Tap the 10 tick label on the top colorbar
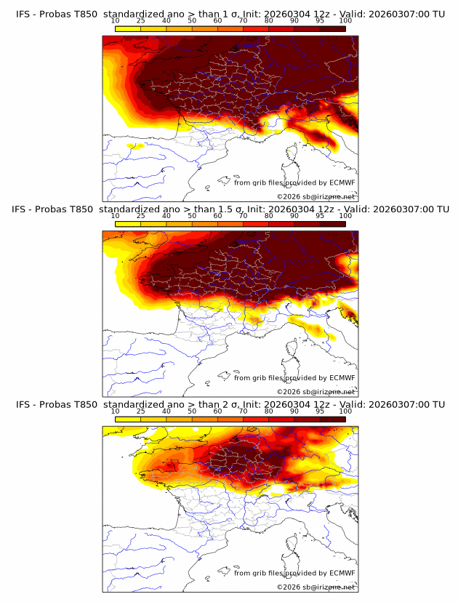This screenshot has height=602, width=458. (116, 20)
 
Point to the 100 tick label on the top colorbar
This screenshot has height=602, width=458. (346, 20)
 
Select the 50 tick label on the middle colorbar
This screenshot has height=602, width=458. (192, 216)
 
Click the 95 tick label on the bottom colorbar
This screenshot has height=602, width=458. (321, 412)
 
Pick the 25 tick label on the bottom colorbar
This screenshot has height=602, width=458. (140, 412)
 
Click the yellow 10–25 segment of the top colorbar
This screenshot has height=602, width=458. (128, 28)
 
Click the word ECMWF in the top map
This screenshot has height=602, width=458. (342, 182)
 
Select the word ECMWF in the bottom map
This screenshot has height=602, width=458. (342, 573)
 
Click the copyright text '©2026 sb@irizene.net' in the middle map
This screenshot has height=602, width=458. (316, 391)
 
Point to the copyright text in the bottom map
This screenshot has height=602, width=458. (316, 587)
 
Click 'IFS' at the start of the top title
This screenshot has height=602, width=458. (24, 14)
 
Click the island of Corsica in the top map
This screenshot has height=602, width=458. (292, 154)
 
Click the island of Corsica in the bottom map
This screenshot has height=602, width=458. (292, 545)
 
